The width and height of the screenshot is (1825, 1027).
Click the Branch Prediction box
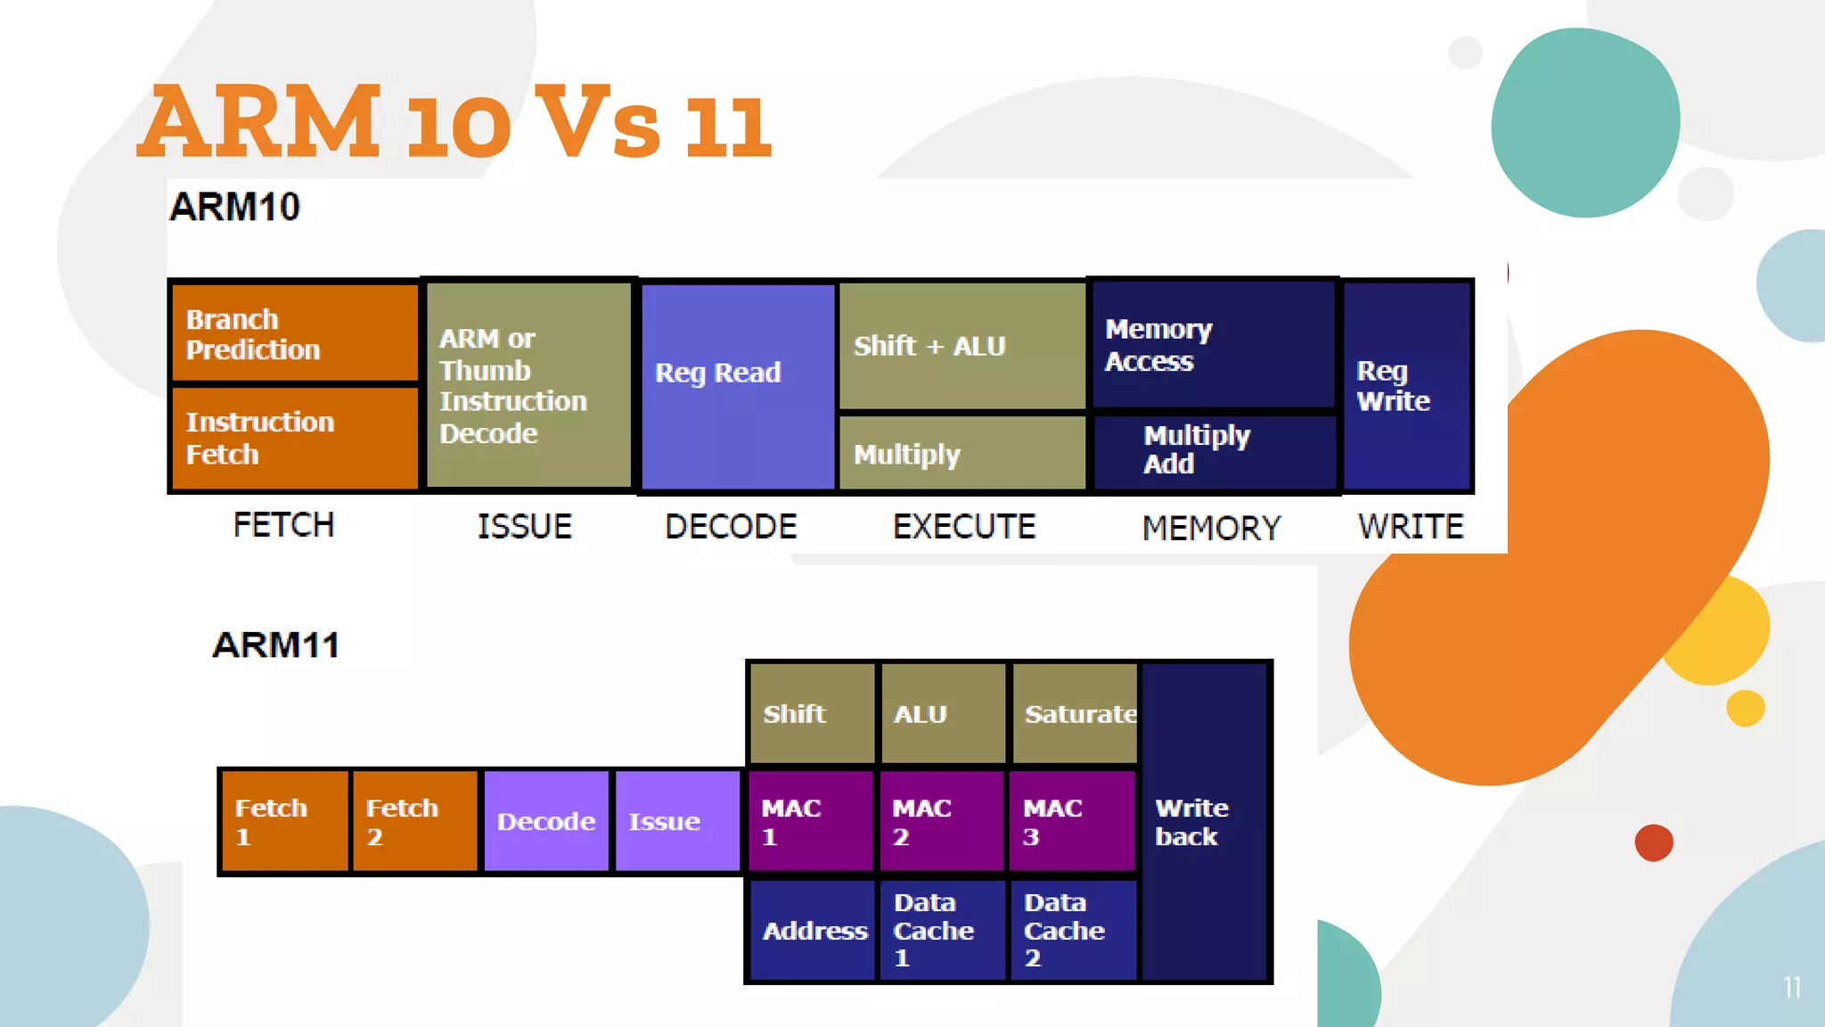coord(294,333)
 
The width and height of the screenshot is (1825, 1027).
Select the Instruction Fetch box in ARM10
coord(294,437)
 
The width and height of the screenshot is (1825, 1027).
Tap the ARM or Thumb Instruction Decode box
coord(529,386)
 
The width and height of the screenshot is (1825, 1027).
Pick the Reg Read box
coord(738,386)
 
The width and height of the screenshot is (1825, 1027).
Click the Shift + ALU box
coord(962,346)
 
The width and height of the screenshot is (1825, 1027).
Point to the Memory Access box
coord(1214,345)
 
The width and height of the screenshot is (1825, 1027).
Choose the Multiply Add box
coord(1214,450)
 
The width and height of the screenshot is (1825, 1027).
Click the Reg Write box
coord(1406,386)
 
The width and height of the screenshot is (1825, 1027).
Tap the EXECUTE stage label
coord(964,527)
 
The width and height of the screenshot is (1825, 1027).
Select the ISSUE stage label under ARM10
coord(525,527)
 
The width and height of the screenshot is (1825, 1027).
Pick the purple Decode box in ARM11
coord(546,821)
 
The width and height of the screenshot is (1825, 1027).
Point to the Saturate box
coord(1076,713)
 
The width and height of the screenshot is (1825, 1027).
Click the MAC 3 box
coord(1072,821)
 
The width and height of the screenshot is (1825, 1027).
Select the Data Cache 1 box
coord(943,930)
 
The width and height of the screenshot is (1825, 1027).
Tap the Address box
coord(813,930)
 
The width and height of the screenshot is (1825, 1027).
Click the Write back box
coord(1204,821)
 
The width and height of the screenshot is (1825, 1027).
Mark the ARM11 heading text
coord(276,645)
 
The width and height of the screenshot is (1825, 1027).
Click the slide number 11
coord(1792,987)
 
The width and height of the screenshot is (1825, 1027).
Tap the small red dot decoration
coord(1654,842)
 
